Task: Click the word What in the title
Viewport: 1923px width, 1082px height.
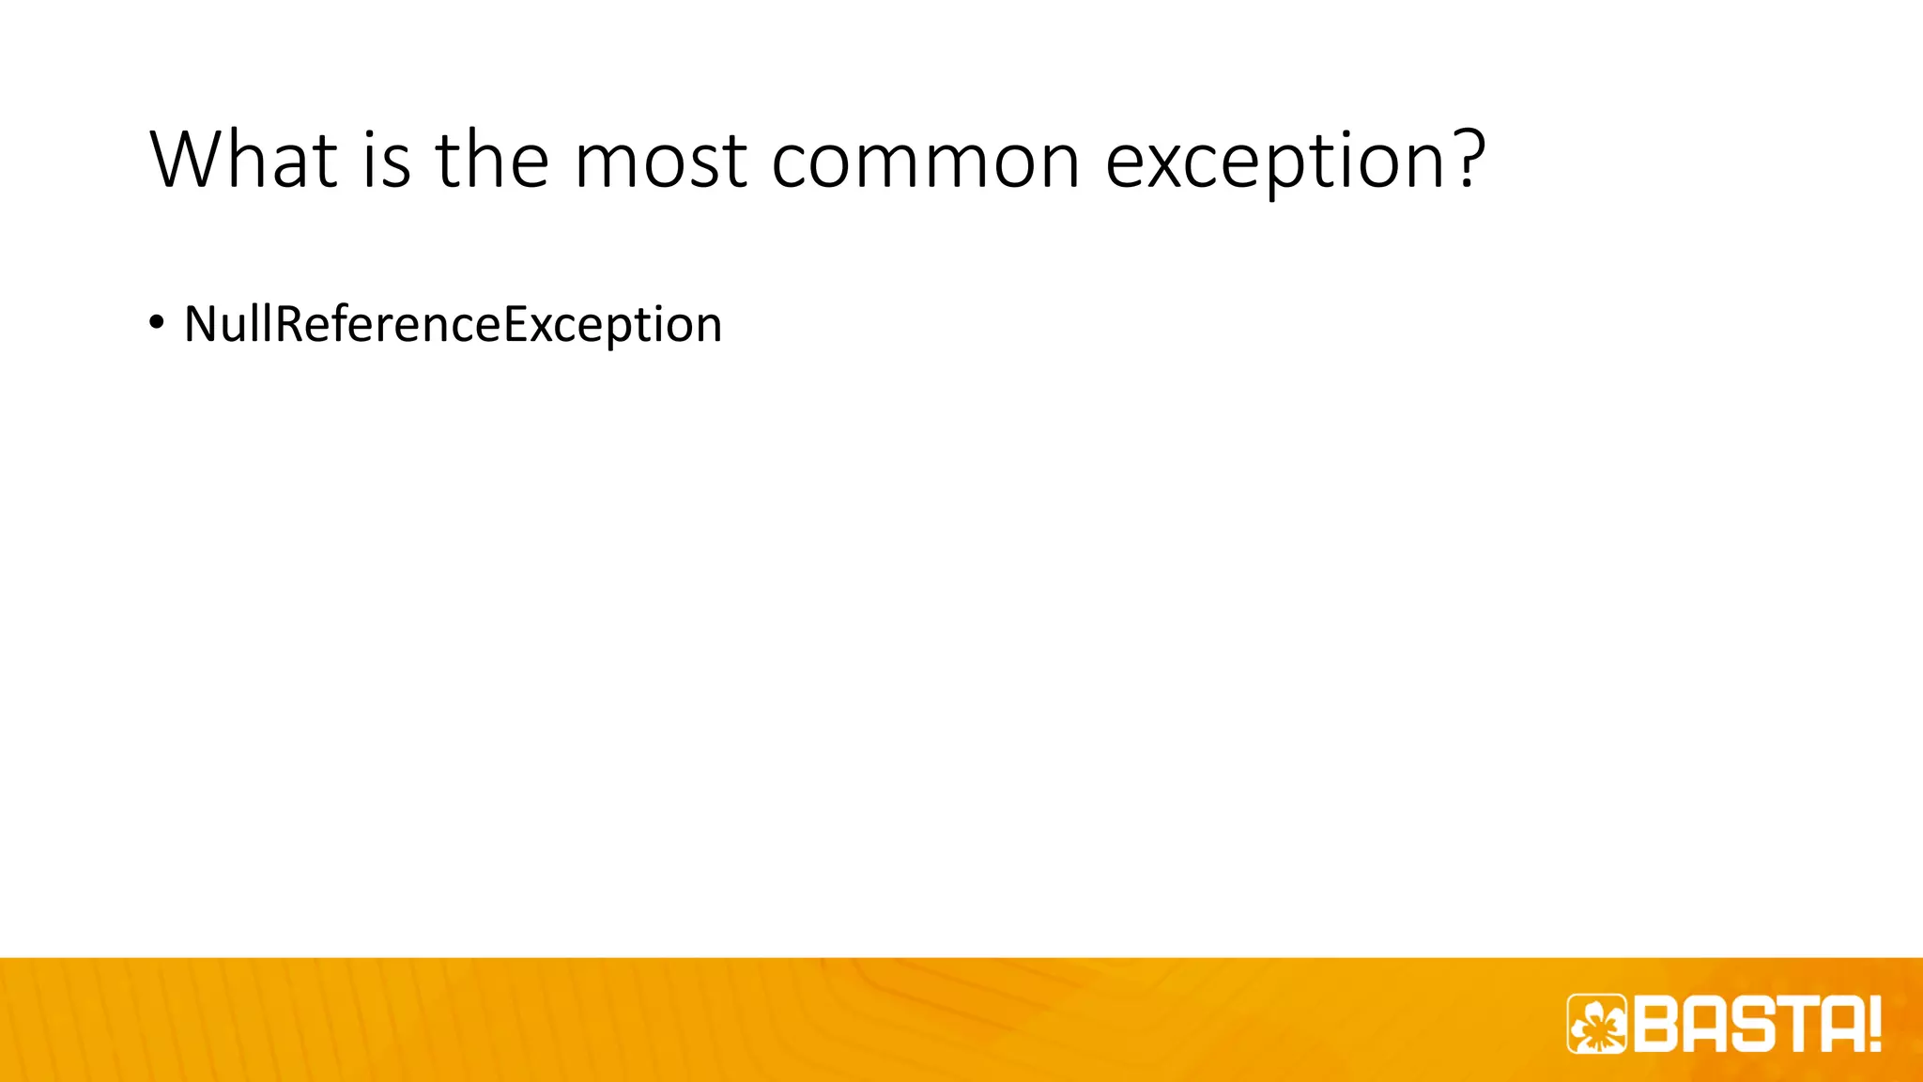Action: pyautogui.click(x=243, y=160)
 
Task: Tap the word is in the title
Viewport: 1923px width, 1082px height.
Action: pyautogui.click(x=386, y=160)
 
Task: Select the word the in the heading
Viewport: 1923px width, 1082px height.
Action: pyautogui.click(x=491, y=160)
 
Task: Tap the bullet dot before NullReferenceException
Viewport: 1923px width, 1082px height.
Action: pyautogui.click(x=156, y=322)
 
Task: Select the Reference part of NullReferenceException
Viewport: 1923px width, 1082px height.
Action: pyautogui.click(x=388, y=324)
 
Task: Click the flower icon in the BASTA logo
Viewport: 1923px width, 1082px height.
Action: pyautogui.click(x=1596, y=1023)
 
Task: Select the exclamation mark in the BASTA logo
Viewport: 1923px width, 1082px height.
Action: pyautogui.click(x=1874, y=1024)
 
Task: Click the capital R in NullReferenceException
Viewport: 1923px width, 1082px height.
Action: pyautogui.click(x=288, y=324)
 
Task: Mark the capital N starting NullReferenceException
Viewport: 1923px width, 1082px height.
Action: pyautogui.click(x=201, y=324)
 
